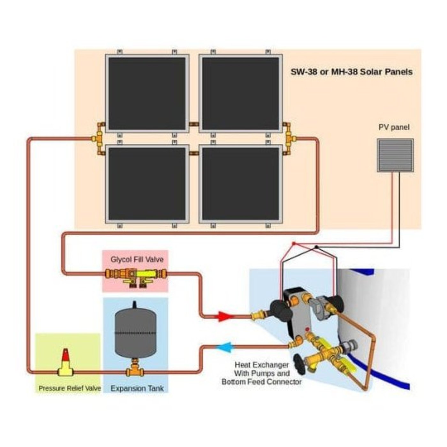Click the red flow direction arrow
click(x=226, y=316)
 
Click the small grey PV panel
click(x=395, y=155)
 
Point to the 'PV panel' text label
click(x=394, y=127)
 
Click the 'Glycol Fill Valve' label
click(x=137, y=259)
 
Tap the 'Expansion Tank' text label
click(x=137, y=389)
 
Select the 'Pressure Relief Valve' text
click(x=70, y=389)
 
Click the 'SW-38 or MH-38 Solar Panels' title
click(x=351, y=72)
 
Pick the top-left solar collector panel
click(x=147, y=93)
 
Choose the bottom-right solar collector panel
click(x=240, y=184)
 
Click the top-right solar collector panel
click(x=240, y=93)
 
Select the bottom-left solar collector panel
click(x=147, y=184)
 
